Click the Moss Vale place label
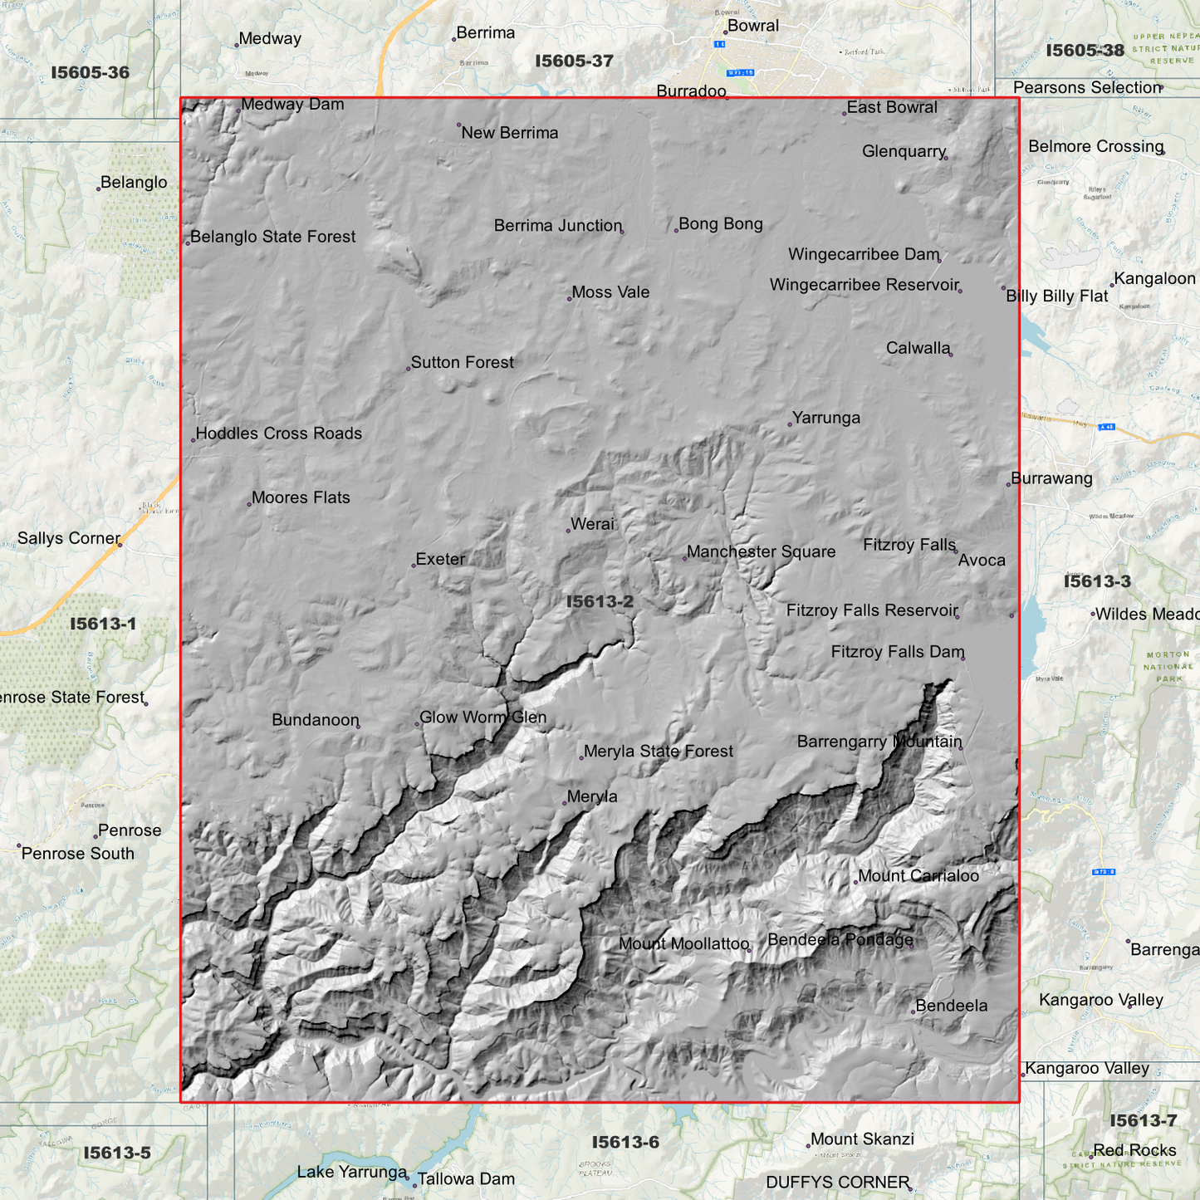[x=610, y=292]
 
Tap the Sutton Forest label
[x=462, y=362]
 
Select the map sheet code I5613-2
[x=600, y=601]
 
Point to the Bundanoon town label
[x=316, y=720]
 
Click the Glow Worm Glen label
[x=482, y=718]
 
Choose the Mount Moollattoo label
[x=683, y=943]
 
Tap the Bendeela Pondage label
[x=840, y=939]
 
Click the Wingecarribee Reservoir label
[x=864, y=285]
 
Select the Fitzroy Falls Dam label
[x=897, y=652]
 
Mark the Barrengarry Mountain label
[x=879, y=742]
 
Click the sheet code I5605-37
[x=574, y=61]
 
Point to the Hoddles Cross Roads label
[x=278, y=433]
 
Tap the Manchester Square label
[x=761, y=551]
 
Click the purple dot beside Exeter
[x=414, y=566]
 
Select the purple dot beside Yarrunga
[x=790, y=424]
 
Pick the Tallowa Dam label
[x=465, y=1178]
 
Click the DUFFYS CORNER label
[x=837, y=1182]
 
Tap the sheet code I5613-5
[x=117, y=1153]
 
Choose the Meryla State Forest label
[x=658, y=752]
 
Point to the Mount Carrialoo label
[x=918, y=875]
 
